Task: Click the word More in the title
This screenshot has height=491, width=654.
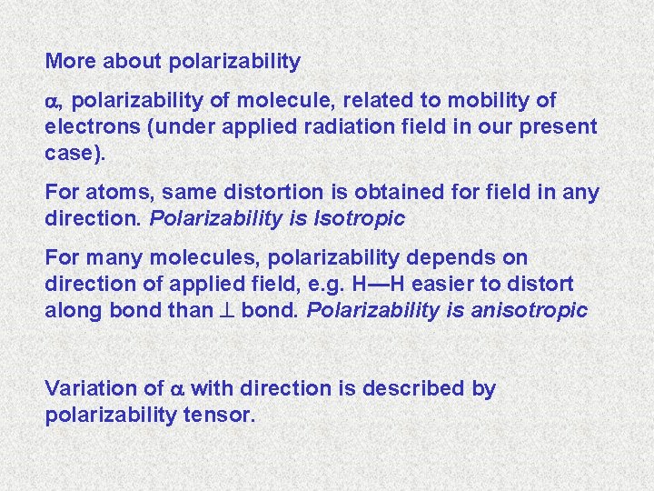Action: click(69, 62)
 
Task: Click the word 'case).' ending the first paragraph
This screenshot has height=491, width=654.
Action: click(74, 153)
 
